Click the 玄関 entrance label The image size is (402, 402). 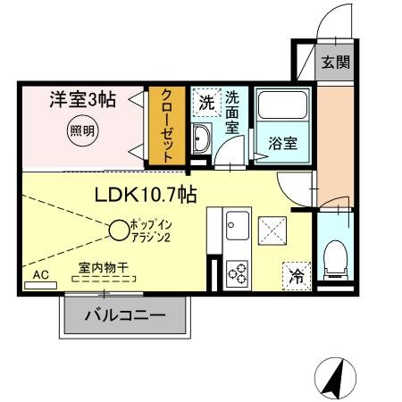point(336,63)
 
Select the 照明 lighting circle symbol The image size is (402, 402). point(82,130)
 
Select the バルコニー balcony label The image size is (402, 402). point(125,315)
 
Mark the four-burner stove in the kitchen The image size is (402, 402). point(239,271)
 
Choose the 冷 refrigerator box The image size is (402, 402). point(297,274)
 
